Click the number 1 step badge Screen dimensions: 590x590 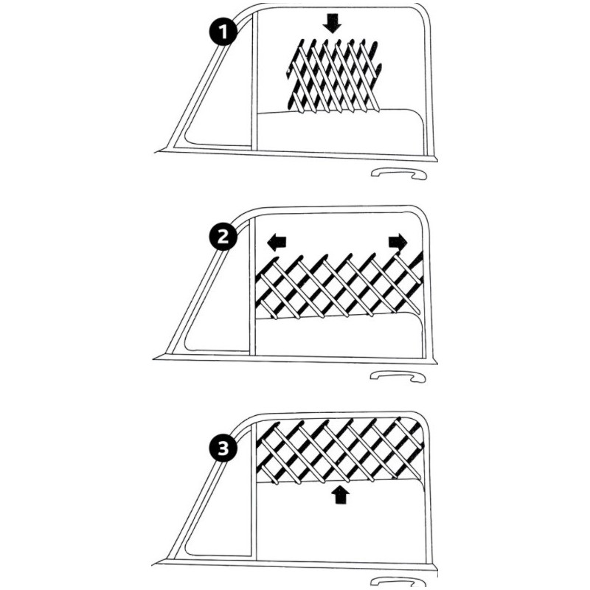(x=223, y=32)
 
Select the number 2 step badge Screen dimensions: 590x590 (x=223, y=237)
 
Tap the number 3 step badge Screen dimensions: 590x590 (x=223, y=448)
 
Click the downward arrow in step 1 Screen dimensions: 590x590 (x=332, y=23)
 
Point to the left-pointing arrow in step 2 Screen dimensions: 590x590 (x=277, y=243)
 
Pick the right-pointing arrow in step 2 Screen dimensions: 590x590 (x=398, y=242)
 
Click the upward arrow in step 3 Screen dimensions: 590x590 (x=341, y=494)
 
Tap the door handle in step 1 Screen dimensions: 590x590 (x=398, y=173)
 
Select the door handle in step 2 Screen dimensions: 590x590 (x=398, y=376)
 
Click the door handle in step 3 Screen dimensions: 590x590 (x=399, y=582)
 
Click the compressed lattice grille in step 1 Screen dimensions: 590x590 (x=333, y=75)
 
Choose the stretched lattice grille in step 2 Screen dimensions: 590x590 (x=339, y=286)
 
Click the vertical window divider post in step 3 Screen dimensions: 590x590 (x=254, y=489)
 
